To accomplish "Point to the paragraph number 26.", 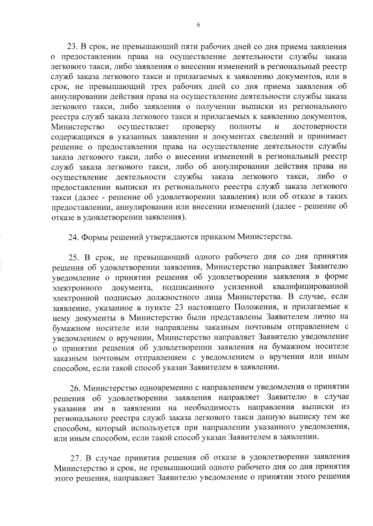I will (x=75, y=388).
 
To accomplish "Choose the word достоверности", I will (x=320, y=127).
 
